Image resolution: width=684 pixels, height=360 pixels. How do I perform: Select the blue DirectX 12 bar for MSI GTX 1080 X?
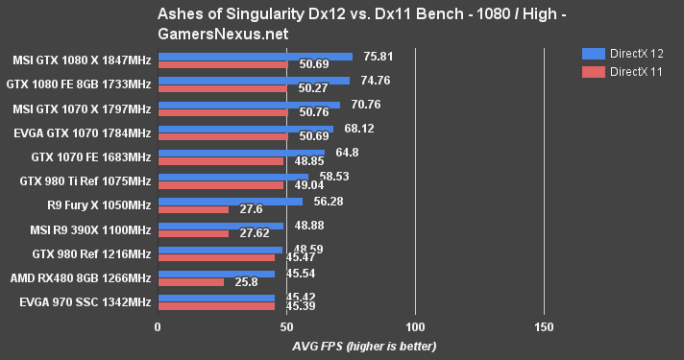pyautogui.click(x=255, y=57)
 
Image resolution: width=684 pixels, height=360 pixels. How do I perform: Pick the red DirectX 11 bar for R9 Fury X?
pyautogui.click(x=193, y=208)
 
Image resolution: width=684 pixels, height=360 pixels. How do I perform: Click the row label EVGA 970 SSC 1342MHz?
pyautogui.click(x=85, y=303)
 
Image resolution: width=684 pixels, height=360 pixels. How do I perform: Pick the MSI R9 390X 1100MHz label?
pyautogui.click(x=84, y=229)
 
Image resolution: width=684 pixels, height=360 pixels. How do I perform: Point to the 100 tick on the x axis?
pyautogui.click(x=415, y=327)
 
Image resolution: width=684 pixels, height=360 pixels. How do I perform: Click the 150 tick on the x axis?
pyautogui.click(x=544, y=327)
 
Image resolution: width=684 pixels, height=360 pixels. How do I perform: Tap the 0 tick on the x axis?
pyautogui.click(x=158, y=327)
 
